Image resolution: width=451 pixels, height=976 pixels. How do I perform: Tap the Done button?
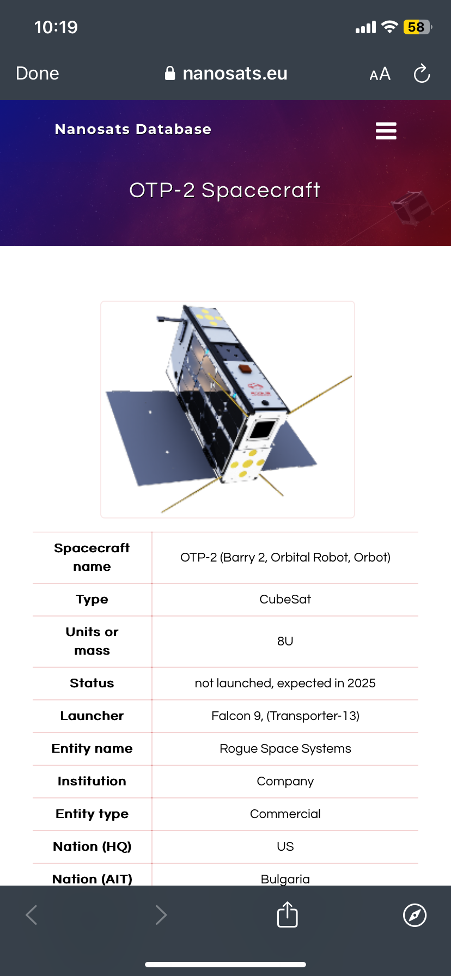tap(38, 74)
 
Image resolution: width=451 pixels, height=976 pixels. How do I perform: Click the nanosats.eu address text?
tap(235, 74)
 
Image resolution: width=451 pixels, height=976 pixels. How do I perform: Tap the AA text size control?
tap(380, 74)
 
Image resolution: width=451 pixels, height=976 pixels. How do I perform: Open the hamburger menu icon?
tap(386, 131)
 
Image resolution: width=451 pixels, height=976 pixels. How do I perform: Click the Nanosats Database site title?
tap(133, 130)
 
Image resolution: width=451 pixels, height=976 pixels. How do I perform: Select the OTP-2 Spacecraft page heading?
tap(225, 190)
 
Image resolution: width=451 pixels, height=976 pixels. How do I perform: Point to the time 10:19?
tap(56, 27)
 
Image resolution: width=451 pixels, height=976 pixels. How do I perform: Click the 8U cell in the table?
tap(285, 641)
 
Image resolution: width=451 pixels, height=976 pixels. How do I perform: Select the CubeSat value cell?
tap(285, 599)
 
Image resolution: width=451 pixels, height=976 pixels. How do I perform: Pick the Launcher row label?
tap(92, 716)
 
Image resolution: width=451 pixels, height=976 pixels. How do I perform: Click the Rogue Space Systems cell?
tap(285, 748)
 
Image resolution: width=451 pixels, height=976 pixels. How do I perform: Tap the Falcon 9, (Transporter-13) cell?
tap(285, 716)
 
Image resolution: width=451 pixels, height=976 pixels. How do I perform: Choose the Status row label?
tap(92, 683)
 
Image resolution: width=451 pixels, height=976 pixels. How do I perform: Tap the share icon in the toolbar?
tap(287, 914)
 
